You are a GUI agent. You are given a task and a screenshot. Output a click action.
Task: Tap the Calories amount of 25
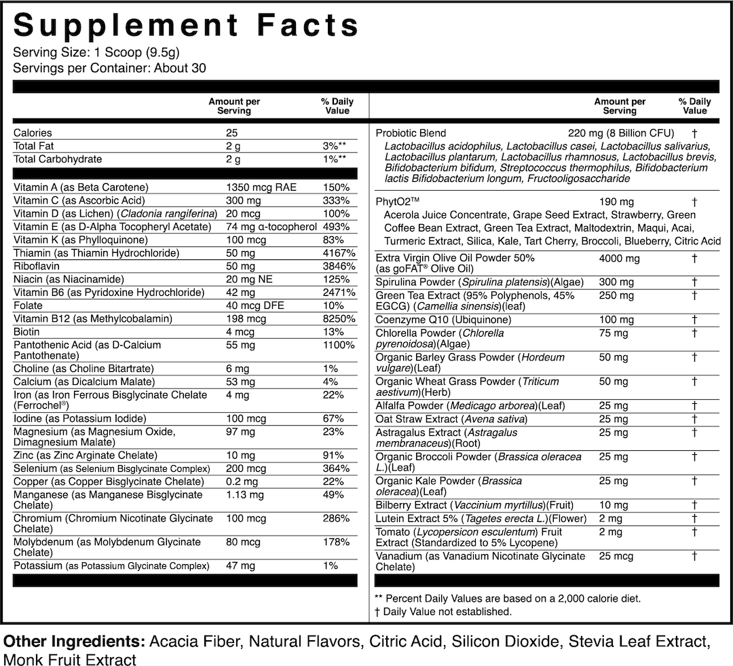click(x=232, y=133)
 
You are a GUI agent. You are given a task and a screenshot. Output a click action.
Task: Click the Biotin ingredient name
click(x=26, y=332)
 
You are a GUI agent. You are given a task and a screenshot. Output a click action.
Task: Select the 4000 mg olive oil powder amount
click(x=620, y=258)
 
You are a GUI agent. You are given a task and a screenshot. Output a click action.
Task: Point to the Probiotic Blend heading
click(x=411, y=133)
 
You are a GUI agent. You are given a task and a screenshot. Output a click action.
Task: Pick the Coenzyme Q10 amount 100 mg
click(x=617, y=319)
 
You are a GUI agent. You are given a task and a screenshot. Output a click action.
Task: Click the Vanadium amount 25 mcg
click(x=616, y=557)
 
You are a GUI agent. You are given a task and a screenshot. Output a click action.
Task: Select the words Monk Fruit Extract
click(x=70, y=659)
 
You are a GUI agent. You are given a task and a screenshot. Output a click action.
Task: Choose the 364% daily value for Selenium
click(x=337, y=468)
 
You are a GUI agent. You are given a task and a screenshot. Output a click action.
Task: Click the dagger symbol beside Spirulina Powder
click(x=694, y=282)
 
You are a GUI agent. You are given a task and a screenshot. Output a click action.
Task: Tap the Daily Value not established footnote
click(x=443, y=612)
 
